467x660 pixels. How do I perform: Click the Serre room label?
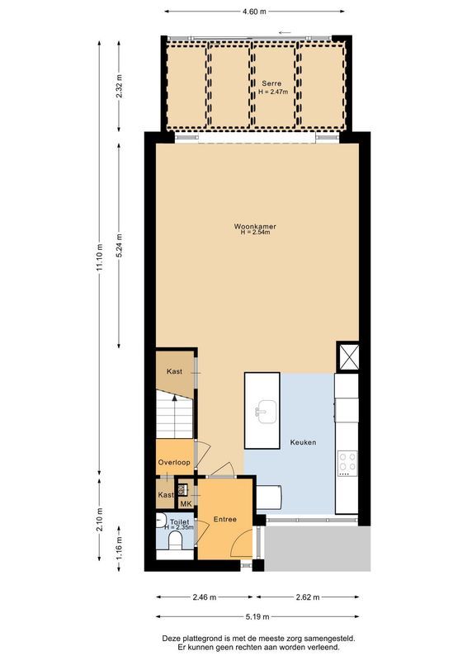point(271,84)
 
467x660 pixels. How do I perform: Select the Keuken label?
point(303,442)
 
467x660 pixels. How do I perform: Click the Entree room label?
point(225,519)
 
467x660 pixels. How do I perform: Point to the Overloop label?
point(174,462)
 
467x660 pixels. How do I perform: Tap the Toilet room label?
point(178,522)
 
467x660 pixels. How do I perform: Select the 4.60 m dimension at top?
point(254,12)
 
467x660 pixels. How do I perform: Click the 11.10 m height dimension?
point(99,257)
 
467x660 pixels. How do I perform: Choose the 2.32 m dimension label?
point(120,87)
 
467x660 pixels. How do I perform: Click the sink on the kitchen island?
point(265,409)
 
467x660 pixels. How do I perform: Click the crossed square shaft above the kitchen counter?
point(347,357)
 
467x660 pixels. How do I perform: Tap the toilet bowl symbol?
point(173,540)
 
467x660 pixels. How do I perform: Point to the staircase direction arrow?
point(174,402)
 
